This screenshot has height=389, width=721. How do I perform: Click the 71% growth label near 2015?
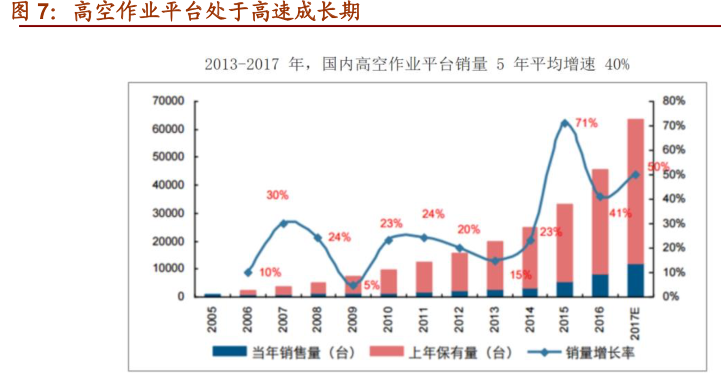pyautogui.click(x=586, y=123)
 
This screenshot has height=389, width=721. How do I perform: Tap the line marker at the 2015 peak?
pyautogui.click(x=565, y=123)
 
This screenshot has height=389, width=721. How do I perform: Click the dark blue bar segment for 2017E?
pyautogui.click(x=635, y=280)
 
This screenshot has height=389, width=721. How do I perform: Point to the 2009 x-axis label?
pyautogui.click(x=352, y=319)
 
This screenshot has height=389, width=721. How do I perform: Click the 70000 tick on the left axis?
pyautogui.click(x=168, y=101)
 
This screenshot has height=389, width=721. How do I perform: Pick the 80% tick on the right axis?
pyautogui.click(x=674, y=101)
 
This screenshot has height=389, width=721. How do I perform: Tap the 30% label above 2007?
pyautogui.click(x=277, y=195)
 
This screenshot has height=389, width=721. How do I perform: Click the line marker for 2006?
pyautogui.click(x=248, y=272)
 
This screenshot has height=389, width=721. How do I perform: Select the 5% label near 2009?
pyautogui.click(x=371, y=285)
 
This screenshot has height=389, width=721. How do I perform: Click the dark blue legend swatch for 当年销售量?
pyautogui.click(x=229, y=352)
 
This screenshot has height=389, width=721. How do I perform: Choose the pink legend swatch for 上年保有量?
pyautogui.click(x=386, y=352)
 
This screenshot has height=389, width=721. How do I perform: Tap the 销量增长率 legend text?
pyautogui.click(x=600, y=353)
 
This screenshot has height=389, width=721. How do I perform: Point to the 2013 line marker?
pyautogui.click(x=494, y=261)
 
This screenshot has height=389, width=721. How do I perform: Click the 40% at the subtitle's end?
pyautogui.click(x=617, y=65)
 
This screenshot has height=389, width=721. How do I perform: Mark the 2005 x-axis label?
pyautogui.click(x=211, y=319)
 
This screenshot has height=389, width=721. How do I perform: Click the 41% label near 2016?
pyautogui.click(x=620, y=213)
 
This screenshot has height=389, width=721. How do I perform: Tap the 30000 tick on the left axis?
pyautogui.click(x=168, y=213)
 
